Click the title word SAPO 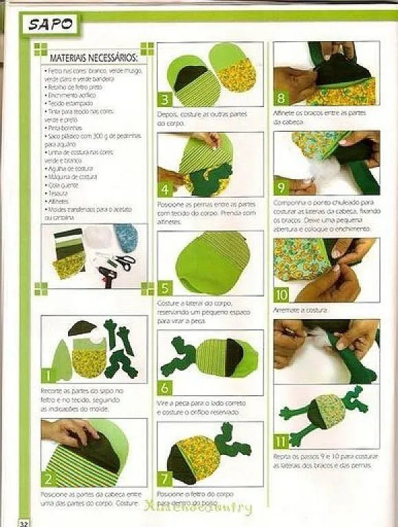point(52,24)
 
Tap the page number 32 point(23,522)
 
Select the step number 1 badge point(48,376)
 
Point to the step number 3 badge point(165,99)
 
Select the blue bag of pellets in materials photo point(126,237)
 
